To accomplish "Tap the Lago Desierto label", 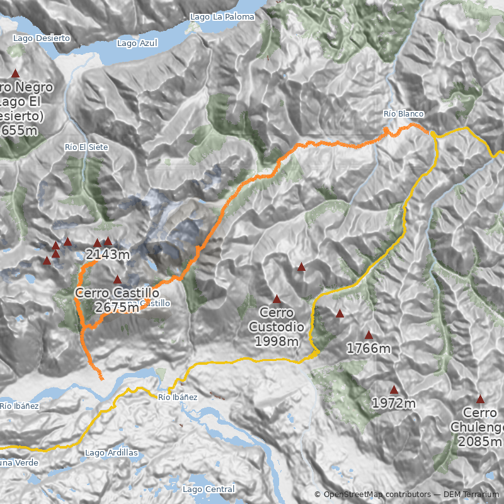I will pos(41,38).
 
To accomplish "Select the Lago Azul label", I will pos(137,43).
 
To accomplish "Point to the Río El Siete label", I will pos(86,147).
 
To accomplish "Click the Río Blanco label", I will pos(404,113).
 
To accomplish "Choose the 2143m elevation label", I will pos(108,255).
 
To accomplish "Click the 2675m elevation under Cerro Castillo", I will pos(117,307).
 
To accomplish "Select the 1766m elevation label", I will pos(369,348).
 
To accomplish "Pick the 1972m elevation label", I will pos(394,403).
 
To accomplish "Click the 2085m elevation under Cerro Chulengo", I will pos(481,442).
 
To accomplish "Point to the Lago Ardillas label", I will pos(111,453).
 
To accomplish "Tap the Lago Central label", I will pos(208,489).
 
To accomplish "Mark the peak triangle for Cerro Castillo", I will pos(117,279).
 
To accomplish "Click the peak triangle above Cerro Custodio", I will pos(277,299).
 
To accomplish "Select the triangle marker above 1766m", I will pos(369,335).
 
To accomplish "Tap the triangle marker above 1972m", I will pos(394,389).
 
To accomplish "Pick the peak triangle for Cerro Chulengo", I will pos(480,399).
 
